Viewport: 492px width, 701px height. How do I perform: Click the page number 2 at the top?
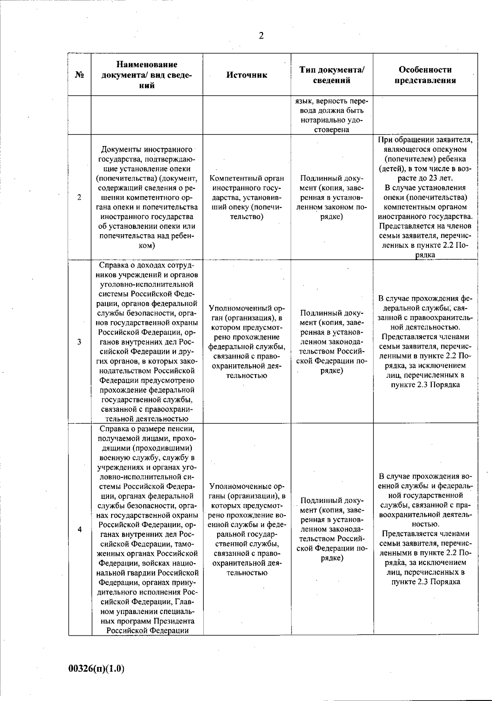tap(261, 36)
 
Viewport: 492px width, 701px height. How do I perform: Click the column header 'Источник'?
tap(247, 75)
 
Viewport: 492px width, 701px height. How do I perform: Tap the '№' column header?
tap(80, 75)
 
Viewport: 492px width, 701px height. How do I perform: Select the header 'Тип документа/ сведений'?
tap(332, 75)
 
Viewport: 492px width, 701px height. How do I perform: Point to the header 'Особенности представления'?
tap(425, 75)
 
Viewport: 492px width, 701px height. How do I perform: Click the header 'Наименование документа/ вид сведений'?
tap(147, 75)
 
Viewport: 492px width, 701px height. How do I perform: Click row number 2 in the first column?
tap(79, 197)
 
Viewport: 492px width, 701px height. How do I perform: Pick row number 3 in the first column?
tap(79, 342)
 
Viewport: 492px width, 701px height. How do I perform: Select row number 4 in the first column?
tap(79, 529)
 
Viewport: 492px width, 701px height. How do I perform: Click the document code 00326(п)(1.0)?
tap(96, 669)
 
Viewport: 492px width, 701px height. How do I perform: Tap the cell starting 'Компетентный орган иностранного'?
tap(247, 197)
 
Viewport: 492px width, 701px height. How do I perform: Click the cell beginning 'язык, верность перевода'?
tap(332, 115)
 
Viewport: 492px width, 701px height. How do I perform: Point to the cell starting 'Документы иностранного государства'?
tap(147, 197)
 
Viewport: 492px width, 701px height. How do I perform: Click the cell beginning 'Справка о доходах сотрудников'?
tap(147, 342)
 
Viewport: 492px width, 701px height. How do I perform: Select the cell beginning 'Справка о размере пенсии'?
tap(147, 529)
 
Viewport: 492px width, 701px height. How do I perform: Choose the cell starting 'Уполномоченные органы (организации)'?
tap(247, 529)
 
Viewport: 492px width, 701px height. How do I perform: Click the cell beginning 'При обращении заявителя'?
tap(425, 197)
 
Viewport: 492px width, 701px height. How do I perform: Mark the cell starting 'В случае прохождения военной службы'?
tap(425, 529)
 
